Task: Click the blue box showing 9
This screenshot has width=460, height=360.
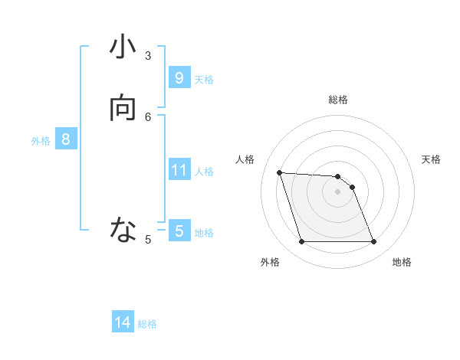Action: point(179,77)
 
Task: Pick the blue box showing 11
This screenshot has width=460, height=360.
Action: point(179,169)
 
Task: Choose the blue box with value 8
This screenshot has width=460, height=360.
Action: point(66,139)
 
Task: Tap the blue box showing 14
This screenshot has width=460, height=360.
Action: point(123,322)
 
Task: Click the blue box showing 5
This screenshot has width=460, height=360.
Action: point(179,231)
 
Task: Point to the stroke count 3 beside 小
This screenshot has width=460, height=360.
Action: point(148,55)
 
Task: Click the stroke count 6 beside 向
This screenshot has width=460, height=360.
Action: point(148,116)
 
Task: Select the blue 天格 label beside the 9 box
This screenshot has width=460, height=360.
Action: point(204,80)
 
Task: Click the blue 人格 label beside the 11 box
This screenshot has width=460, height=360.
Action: point(204,172)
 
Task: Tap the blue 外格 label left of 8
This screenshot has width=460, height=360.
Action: point(41,141)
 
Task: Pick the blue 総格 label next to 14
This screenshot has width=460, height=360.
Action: point(147,324)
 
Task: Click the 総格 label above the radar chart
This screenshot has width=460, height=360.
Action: point(338,100)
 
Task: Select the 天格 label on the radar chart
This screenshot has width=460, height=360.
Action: point(432,159)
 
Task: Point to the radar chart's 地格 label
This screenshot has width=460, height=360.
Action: point(402,262)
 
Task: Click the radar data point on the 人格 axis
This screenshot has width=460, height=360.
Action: point(279,172)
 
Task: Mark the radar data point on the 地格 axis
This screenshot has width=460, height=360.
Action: point(373,242)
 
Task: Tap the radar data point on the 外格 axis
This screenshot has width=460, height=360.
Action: point(301,242)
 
